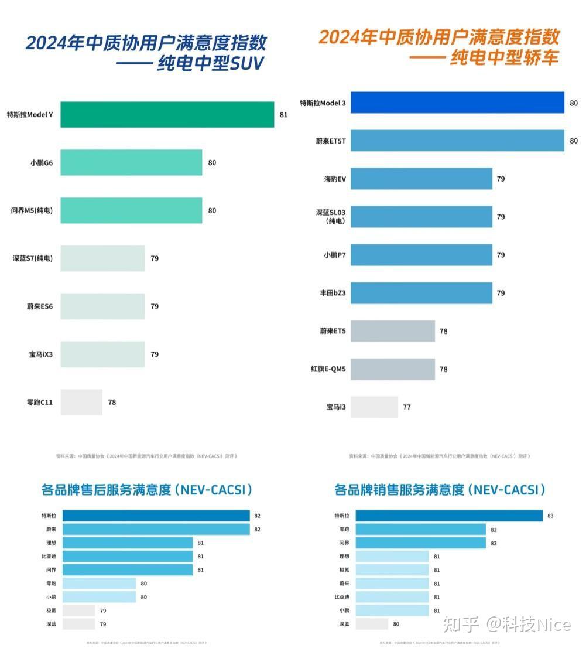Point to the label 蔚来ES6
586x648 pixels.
pos(40,306)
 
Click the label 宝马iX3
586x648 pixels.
pos(41,354)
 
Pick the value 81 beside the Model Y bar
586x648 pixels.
pos(283,115)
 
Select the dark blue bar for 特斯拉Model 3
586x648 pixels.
pos(457,103)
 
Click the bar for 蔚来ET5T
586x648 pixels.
pos(457,141)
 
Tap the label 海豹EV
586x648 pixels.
pos(335,179)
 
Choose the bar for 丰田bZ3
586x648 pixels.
pos(421,293)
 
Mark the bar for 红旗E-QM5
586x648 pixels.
pos(393,369)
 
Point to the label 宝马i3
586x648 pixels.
pos(336,407)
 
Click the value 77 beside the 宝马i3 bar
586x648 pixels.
pos(407,407)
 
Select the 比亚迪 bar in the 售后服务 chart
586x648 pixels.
pos(128,556)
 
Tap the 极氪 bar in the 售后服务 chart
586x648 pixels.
pos(78,611)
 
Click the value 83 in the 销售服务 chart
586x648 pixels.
pos(550,516)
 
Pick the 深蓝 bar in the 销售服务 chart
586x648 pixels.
pos(372,624)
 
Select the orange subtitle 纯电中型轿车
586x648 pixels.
pos(503,58)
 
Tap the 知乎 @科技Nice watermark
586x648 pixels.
pos(506,624)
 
